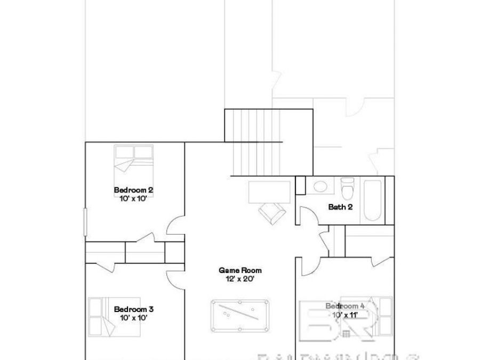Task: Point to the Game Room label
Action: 241,270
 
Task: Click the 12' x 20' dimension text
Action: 241,278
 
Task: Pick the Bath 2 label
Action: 340,207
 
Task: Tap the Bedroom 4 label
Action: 345,306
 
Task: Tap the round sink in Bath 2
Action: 321,187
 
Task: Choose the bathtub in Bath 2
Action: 373,202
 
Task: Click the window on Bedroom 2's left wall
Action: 85,221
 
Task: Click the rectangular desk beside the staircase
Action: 270,191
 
